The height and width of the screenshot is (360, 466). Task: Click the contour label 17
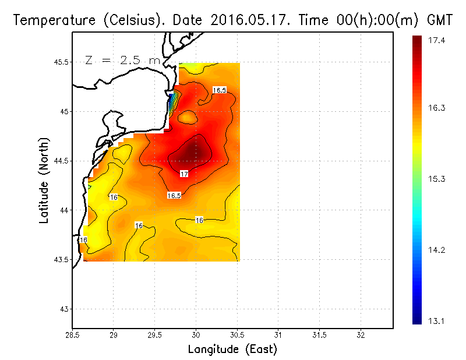[184, 174]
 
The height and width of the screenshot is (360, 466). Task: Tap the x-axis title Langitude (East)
[232, 350]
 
